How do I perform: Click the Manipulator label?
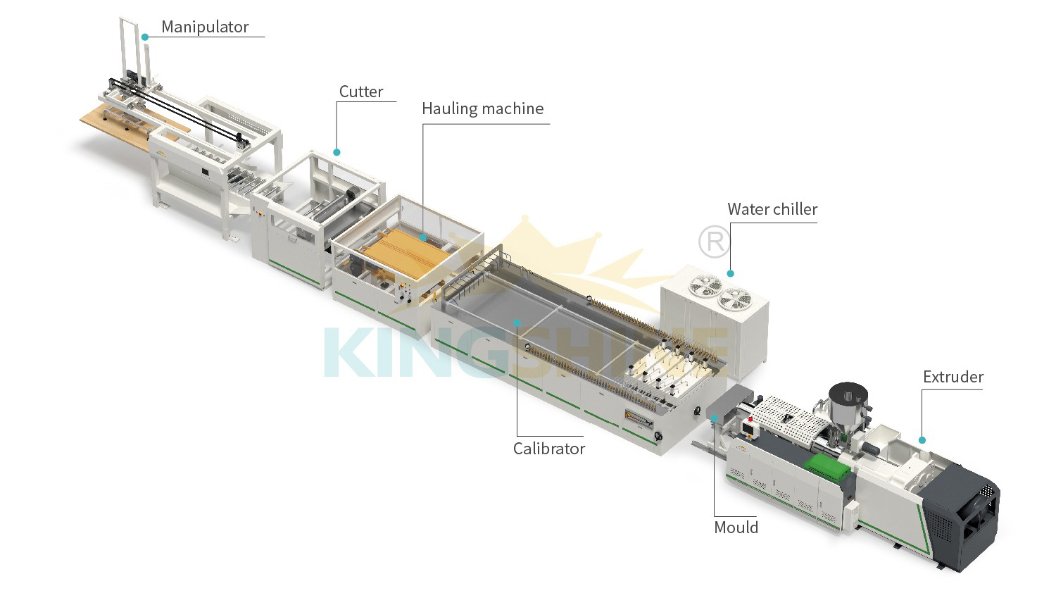(205, 27)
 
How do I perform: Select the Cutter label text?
(361, 92)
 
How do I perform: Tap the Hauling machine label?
(482, 108)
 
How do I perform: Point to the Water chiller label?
(772, 209)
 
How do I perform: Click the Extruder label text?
(953, 377)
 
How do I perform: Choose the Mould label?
(736, 528)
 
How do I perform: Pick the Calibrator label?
(548, 449)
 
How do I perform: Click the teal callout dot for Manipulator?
(144, 36)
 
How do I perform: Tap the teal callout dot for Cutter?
(337, 151)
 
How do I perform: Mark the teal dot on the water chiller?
(731, 273)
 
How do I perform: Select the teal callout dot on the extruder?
(922, 440)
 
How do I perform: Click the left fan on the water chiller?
(705, 285)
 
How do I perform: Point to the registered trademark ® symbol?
(714, 242)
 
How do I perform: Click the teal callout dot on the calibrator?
(517, 322)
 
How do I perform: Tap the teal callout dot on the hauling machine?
(422, 237)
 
